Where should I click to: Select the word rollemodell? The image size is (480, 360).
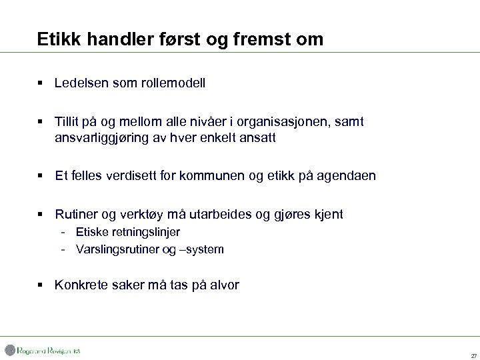tap(173, 83)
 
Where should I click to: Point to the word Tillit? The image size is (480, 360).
tap(68, 123)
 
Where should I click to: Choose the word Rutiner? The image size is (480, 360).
tap(77, 214)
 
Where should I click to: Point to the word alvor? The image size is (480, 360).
tap(223, 285)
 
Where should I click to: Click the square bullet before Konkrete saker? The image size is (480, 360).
tap(41, 285)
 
